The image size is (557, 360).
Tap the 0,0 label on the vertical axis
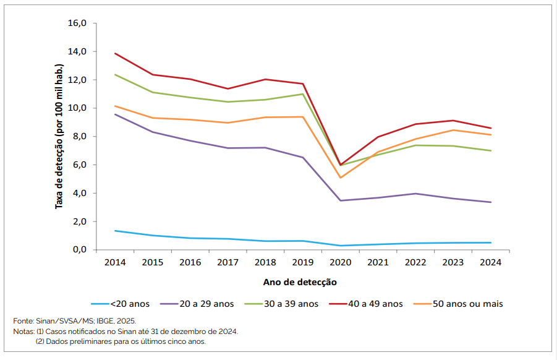[x=80, y=250]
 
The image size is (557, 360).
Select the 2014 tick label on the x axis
[x=115, y=262]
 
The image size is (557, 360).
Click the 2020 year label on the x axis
[x=340, y=262]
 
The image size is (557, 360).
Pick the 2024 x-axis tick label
[x=490, y=262]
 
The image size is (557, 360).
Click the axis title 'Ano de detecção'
[x=300, y=282]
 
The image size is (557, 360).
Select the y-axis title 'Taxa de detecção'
[x=59, y=136]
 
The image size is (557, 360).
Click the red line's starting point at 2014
[x=115, y=53]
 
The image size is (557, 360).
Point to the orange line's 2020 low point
[x=340, y=178]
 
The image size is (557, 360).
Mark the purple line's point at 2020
[x=340, y=200]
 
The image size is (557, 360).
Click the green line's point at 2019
[x=302, y=94]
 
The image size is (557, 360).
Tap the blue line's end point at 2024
[x=490, y=242]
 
